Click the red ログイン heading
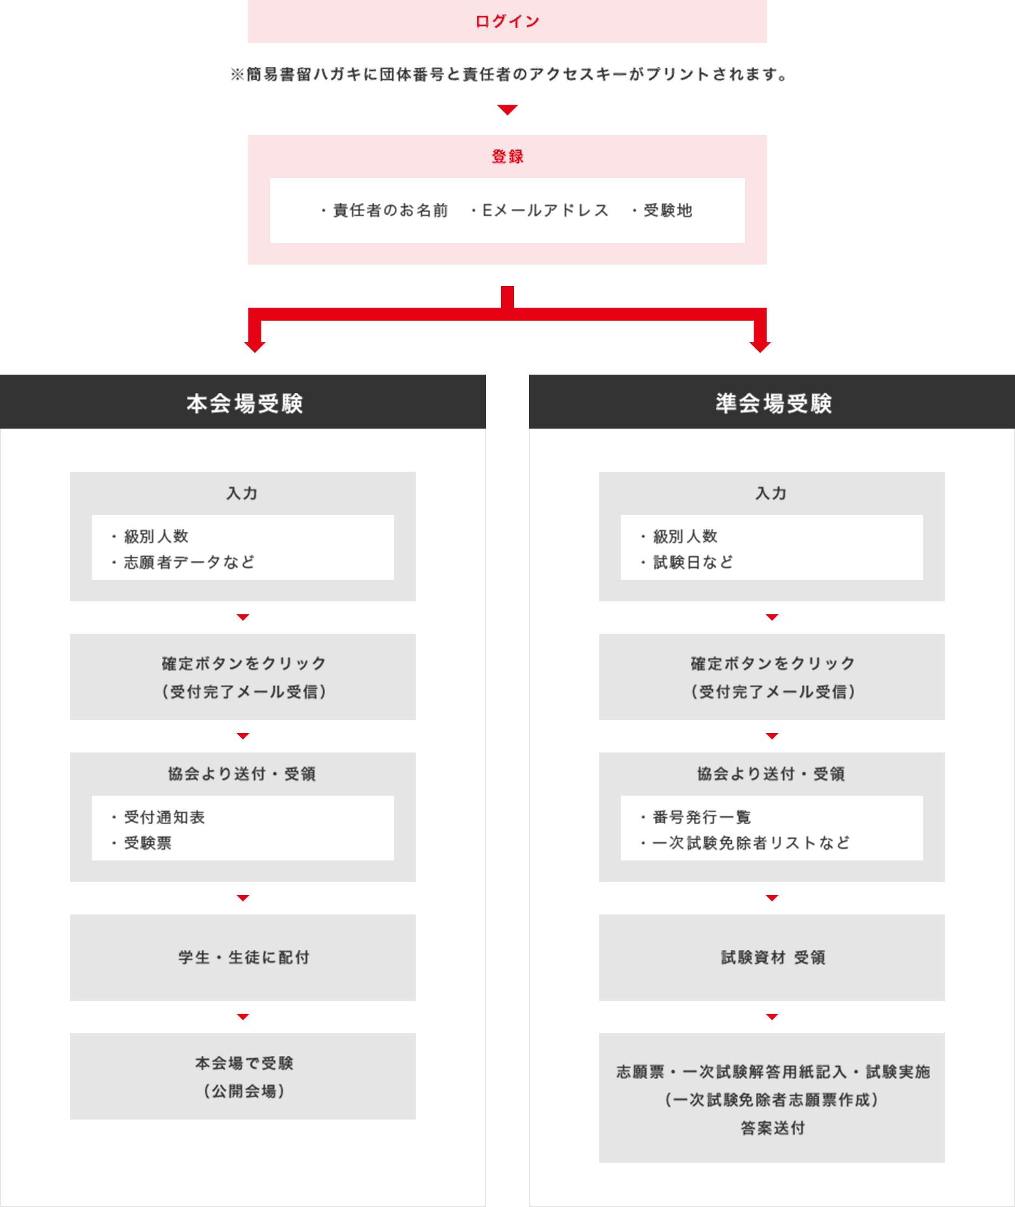[x=507, y=21]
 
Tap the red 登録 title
[x=507, y=156]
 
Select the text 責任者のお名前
[x=390, y=211]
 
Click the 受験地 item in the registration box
[x=667, y=211]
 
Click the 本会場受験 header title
[x=244, y=403]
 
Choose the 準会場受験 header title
[x=773, y=403]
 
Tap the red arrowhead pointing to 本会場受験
[x=254, y=347]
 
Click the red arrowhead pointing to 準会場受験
[x=760, y=347]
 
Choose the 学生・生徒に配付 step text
[x=244, y=957]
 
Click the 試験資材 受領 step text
[x=773, y=957]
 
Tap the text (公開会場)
[x=244, y=1091]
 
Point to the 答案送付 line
[x=772, y=1128]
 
